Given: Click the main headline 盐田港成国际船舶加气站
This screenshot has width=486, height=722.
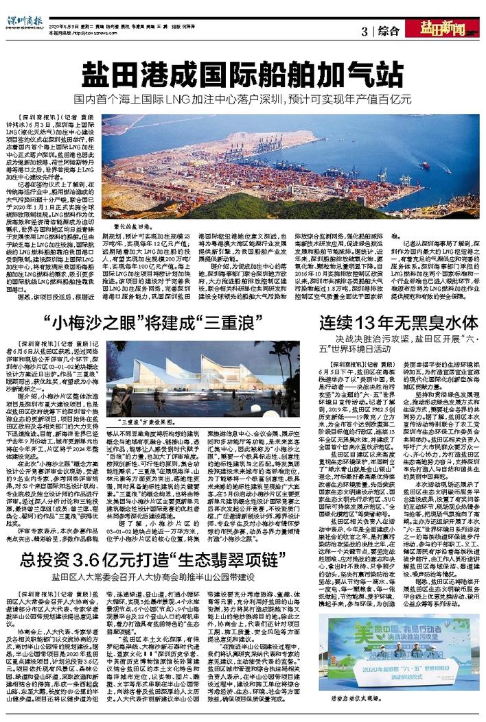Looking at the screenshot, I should click(x=244, y=72).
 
